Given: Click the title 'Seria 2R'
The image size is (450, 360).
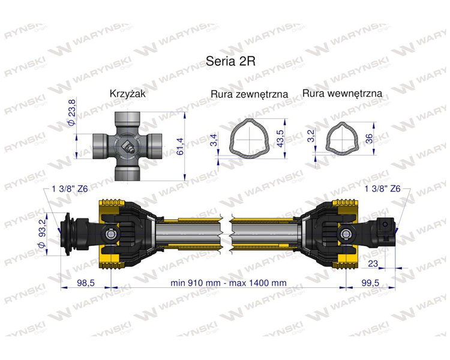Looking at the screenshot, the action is point(230,61).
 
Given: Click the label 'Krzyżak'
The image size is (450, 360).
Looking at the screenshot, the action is point(127,94).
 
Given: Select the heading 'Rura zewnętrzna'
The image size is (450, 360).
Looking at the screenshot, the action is point(249,94).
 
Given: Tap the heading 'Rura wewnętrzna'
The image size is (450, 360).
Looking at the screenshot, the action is point(342,94).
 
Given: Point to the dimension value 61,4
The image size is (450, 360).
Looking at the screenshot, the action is point(180,146).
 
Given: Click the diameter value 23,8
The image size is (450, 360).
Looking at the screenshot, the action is point(72,112).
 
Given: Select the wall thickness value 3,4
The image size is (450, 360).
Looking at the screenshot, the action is point(214,140).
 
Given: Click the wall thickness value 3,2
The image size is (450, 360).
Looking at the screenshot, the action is point(311,136).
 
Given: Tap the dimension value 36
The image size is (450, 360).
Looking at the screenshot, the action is point(370,139).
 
